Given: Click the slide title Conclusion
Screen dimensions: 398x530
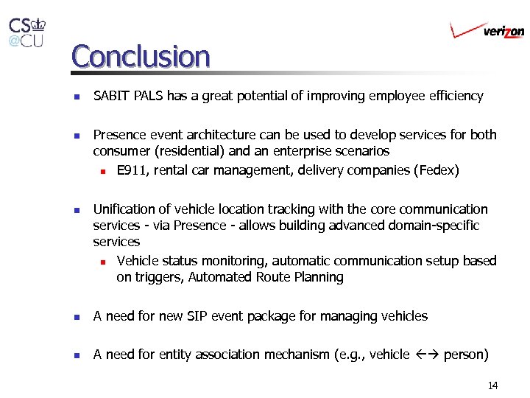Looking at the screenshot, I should [x=141, y=56].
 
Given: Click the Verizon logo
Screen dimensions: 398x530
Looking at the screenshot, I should [x=487, y=30].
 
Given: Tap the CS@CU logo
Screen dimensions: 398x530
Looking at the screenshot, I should [x=26, y=32].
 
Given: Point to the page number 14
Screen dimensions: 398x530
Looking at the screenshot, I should [x=492, y=385].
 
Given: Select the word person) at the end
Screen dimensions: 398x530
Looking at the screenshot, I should [x=466, y=355].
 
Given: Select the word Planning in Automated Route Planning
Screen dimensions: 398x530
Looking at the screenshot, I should [x=318, y=277].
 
